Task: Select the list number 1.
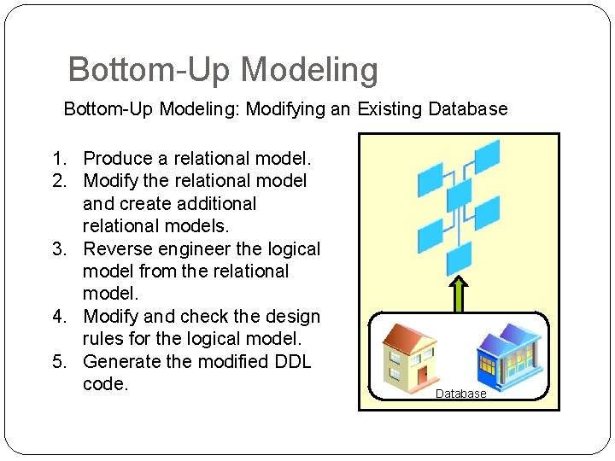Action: (58, 159)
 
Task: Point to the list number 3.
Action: (58, 249)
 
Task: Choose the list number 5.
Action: (58, 362)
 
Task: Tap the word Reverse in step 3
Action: (115, 249)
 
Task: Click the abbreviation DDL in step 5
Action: (291, 362)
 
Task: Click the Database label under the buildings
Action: (460, 394)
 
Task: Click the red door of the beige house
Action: (421, 373)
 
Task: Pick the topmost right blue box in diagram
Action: (486, 156)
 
